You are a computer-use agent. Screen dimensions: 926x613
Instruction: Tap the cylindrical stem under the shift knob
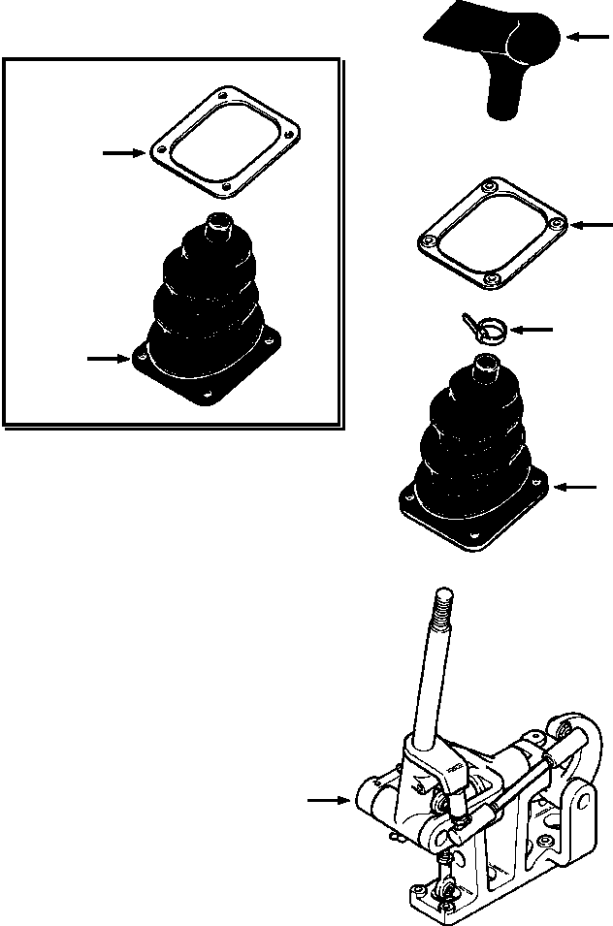coord(504,102)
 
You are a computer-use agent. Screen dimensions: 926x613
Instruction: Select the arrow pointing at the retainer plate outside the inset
coord(592,225)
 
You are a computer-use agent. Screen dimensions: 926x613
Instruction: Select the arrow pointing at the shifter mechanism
coord(326,800)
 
